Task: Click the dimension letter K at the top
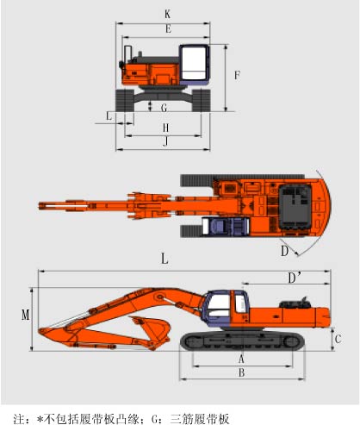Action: click(x=167, y=14)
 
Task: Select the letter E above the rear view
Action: click(x=169, y=28)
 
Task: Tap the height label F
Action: click(x=237, y=75)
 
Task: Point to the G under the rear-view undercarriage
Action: click(x=164, y=108)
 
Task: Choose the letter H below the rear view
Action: click(x=165, y=128)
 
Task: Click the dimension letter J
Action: click(x=165, y=141)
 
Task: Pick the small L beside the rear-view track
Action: click(x=109, y=116)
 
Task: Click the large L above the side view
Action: click(x=164, y=259)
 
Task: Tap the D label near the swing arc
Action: click(x=284, y=251)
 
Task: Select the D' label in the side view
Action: click(x=295, y=278)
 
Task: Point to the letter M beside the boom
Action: click(x=26, y=315)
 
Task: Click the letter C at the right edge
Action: click(x=338, y=339)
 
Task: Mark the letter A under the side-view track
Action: click(x=241, y=359)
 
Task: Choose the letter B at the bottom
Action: click(x=242, y=372)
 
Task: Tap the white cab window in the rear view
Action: click(x=194, y=63)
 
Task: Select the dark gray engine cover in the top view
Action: click(x=295, y=207)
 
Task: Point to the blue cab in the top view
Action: click(x=226, y=227)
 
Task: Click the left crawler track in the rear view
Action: click(x=125, y=100)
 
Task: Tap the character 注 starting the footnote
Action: click(x=19, y=419)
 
